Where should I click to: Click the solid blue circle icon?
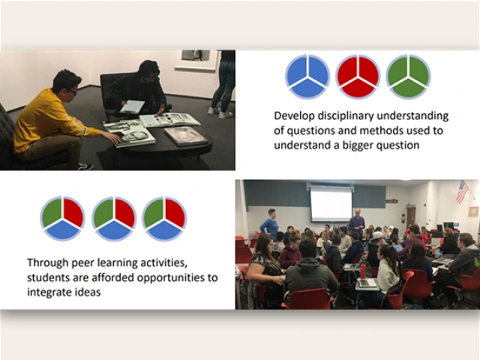(307, 76)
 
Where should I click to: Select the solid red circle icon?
(358, 76)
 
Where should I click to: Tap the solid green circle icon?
(408, 76)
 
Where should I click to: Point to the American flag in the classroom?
(462, 192)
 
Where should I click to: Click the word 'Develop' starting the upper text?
(293, 116)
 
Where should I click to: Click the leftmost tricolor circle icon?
(62, 218)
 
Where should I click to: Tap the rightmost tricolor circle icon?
(164, 218)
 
